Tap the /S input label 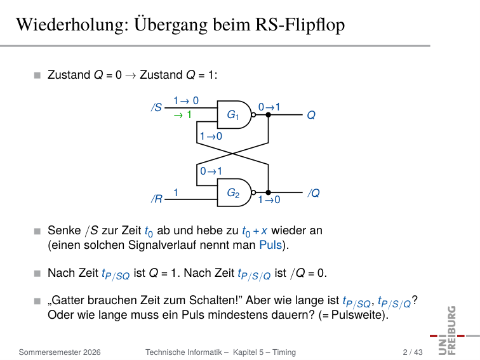tap(156, 107)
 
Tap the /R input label tap(157, 199)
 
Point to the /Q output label tap(314, 193)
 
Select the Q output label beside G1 tap(311, 115)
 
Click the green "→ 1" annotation tap(182, 115)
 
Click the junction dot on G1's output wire tap(268, 115)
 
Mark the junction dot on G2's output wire tap(268, 192)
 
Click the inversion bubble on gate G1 tap(253, 115)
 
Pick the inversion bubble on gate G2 tap(253, 192)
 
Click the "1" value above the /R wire tap(176, 192)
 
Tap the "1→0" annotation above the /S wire tap(186, 100)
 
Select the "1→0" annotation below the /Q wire tap(269, 199)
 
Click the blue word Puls tap(270, 245)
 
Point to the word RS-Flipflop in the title tap(300, 25)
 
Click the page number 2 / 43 tap(413, 352)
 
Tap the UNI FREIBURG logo tap(451, 331)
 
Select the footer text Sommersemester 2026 tap(60, 352)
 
